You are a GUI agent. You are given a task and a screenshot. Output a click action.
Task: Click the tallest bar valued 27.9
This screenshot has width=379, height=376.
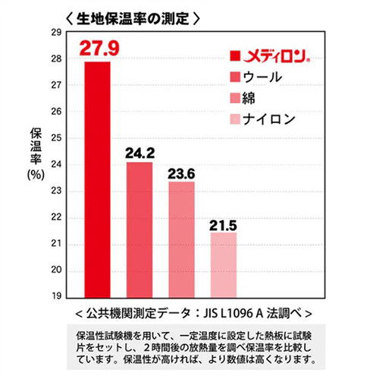click(98, 180)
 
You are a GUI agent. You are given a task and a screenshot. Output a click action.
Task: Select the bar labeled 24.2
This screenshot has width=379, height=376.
click(139, 230)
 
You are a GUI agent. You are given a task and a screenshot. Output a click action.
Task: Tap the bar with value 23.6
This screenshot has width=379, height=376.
click(182, 240)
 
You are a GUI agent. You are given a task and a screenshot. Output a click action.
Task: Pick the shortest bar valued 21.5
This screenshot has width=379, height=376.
click(224, 265)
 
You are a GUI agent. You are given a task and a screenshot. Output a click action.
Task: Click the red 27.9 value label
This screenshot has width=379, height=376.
click(99, 48)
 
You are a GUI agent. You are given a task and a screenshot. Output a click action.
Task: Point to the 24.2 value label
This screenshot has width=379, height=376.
click(140, 153)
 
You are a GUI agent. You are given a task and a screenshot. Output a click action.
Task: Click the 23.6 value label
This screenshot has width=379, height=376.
click(181, 174)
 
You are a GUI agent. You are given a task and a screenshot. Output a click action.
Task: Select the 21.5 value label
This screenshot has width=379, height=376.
click(223, 226)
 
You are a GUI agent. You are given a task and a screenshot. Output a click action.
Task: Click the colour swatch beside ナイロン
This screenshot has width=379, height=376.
click(235, 119)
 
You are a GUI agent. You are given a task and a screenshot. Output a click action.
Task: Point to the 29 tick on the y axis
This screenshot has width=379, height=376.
click(56, 33)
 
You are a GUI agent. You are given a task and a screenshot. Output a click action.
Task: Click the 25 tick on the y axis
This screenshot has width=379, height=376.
click(56, 138)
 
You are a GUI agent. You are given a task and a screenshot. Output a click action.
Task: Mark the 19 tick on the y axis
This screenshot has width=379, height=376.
click(56, 295)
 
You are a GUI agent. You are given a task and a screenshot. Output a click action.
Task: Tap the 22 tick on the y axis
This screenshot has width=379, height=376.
click(56, 217)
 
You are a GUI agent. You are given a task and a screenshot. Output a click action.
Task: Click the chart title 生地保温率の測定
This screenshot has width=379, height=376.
click(133, 19)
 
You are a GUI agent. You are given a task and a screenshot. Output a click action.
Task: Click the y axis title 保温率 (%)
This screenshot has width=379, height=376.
click(36, 154)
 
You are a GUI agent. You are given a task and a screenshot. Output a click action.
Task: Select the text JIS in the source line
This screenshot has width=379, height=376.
click(211, 314)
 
